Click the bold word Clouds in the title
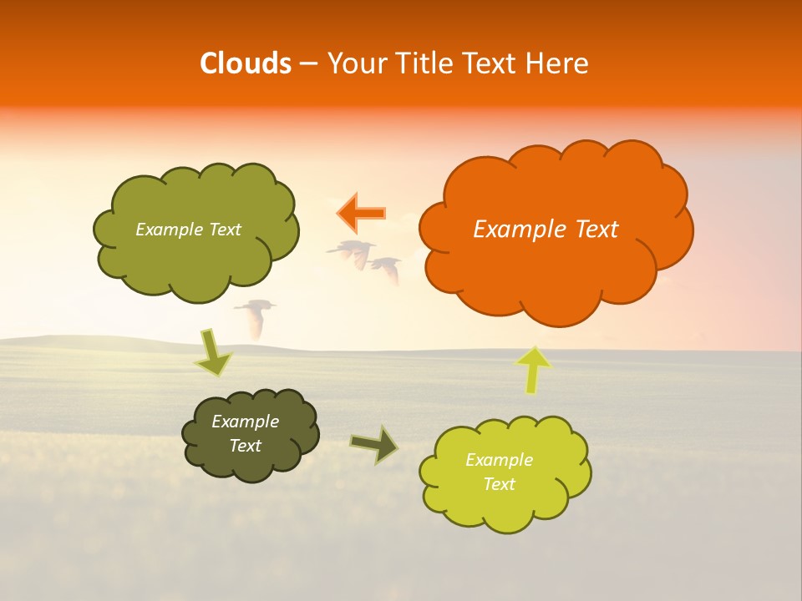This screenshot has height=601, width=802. pos(245,63)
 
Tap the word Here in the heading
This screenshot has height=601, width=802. pos(556,63)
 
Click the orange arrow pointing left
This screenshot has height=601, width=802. pos(361,213)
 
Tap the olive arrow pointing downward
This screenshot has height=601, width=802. pos(213,352)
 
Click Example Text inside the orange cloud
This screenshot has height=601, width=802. pos(546,230)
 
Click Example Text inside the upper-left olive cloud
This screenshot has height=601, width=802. pos(188,230)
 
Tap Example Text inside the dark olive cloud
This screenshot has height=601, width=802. pos(245,433)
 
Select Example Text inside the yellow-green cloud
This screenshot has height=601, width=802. pos(499,472)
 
